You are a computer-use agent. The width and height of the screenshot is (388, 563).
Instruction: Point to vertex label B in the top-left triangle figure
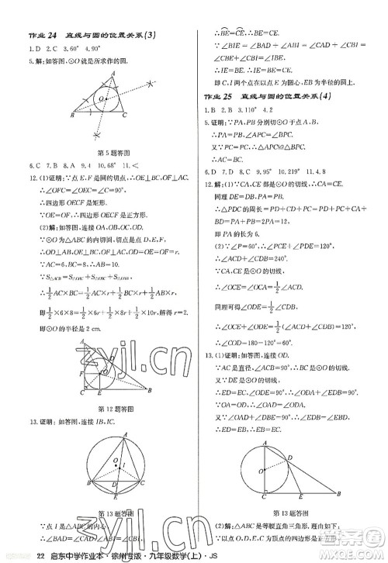(x=71, y=116)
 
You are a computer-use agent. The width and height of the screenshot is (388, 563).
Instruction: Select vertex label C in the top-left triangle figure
(x=124, y=115)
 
